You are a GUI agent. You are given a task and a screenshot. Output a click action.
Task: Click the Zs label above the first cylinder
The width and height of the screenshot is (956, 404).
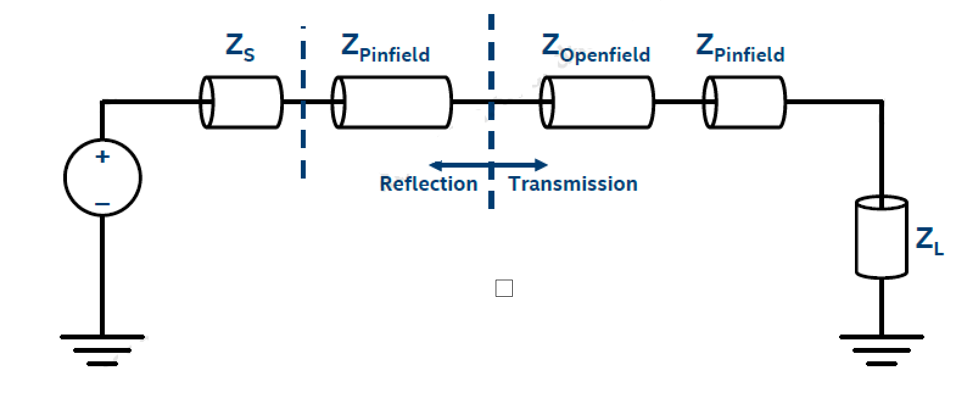click(x=239, y=48)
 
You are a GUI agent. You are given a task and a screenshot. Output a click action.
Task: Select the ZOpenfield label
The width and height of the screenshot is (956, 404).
click(x=596, y=49)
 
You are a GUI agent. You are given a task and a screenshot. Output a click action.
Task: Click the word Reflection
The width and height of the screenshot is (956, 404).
click(x=428, y=184)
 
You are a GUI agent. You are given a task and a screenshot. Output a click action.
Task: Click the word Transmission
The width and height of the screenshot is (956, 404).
click(x=573, y=184)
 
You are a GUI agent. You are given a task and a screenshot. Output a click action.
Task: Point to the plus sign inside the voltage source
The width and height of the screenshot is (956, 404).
click(x=102, y=157)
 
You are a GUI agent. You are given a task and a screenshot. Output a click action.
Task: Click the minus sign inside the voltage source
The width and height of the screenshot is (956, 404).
click(x=102, y=204)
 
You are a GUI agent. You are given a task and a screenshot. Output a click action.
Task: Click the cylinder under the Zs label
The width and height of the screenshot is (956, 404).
click(x=242, y=102)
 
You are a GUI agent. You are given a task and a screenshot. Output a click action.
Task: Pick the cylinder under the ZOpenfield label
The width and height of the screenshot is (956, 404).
click(x=597, y=102)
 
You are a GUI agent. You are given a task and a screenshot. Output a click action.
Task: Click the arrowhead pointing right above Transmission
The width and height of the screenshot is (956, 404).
click(x=541, y=165)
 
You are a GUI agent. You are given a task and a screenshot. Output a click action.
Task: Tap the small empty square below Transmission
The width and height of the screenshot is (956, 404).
click(x=504, y=288)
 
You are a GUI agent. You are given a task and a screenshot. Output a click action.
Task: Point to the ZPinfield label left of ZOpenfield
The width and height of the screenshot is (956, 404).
click(x=385, y=49)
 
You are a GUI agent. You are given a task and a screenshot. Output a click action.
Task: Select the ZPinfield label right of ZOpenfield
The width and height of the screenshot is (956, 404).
click(x=740, y=49)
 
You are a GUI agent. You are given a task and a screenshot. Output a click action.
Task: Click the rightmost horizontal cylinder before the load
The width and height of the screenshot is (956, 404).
click(x=744, y=102)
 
